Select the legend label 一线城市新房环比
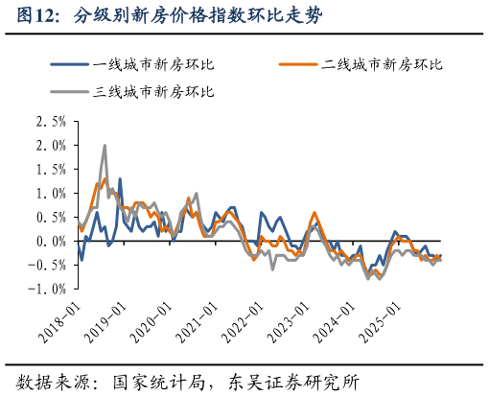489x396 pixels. (x=153, y=64)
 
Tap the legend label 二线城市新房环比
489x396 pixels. (x=382, y=64)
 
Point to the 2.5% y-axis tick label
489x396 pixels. (x=51, y=122)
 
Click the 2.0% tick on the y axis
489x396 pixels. (x=51, y=146)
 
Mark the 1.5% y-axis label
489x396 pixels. (x=51, y=170)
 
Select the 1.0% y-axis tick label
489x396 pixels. (x=51, y=194)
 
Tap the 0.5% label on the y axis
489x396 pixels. (x=51, y=218)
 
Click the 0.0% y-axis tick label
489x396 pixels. (x=51, y=242)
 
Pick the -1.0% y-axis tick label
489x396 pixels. (x=48, y=289)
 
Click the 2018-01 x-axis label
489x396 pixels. (x=58, y=316)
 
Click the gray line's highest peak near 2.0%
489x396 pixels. (x=105, y=146)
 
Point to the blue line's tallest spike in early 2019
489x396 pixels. (x=120, y=179)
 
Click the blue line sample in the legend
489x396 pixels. (x=69, y=64)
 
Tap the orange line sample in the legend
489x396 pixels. (x=297, y=64)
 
